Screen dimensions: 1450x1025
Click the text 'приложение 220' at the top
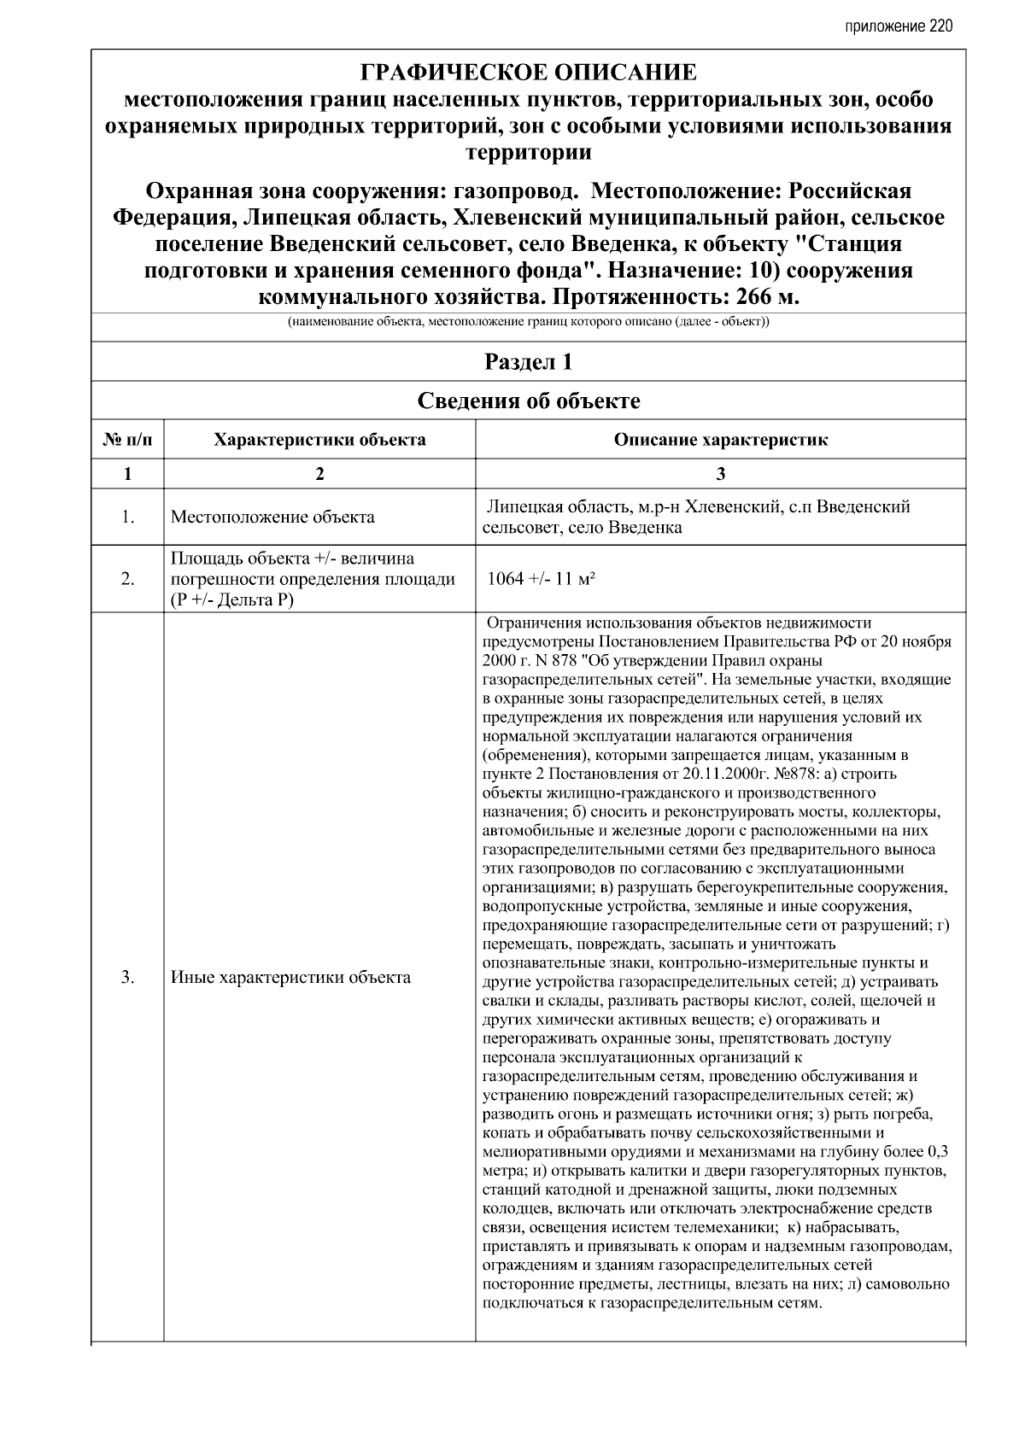pos(898,26)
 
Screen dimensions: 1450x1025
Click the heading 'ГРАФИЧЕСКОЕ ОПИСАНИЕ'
pos(529,71)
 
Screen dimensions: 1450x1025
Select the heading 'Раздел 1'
pos(529,362)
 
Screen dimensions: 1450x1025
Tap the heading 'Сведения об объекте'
pos(529,401)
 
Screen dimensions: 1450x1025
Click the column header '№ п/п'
pos(127,441)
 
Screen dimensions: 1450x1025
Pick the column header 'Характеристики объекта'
pos(319,441)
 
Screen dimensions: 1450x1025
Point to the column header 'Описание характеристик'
pos(721,441)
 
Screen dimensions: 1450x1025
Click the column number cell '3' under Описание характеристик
pos(721,474)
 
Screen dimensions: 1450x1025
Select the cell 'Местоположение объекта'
pos(272,517)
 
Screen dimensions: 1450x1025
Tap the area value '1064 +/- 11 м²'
pos(541,579)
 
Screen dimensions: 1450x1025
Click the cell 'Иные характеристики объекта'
pos(290,978)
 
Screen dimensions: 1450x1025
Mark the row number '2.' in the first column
pos(127,579)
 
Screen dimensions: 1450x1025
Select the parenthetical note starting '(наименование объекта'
pos(529,323)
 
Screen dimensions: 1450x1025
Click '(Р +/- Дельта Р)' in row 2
pos(232,599)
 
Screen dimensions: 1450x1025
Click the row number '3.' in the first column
pos(127,978)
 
